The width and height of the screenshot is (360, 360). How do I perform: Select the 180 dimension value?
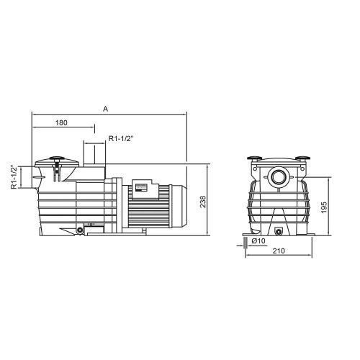(63, 124)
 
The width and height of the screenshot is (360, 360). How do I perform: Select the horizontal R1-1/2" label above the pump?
(119, 138)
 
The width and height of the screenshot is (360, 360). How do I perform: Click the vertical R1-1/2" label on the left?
(14, 176)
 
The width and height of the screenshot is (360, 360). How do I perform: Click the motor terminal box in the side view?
(141, 186)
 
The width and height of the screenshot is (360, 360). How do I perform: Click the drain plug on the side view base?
(78, 230)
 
